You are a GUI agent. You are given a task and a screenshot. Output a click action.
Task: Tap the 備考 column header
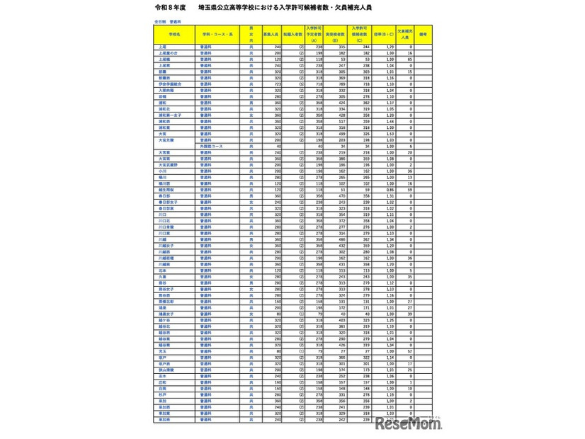coord(422,33)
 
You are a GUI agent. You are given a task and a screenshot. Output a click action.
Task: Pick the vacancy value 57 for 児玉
coord(411,350)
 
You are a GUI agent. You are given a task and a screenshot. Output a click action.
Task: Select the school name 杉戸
coord(162,392)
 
